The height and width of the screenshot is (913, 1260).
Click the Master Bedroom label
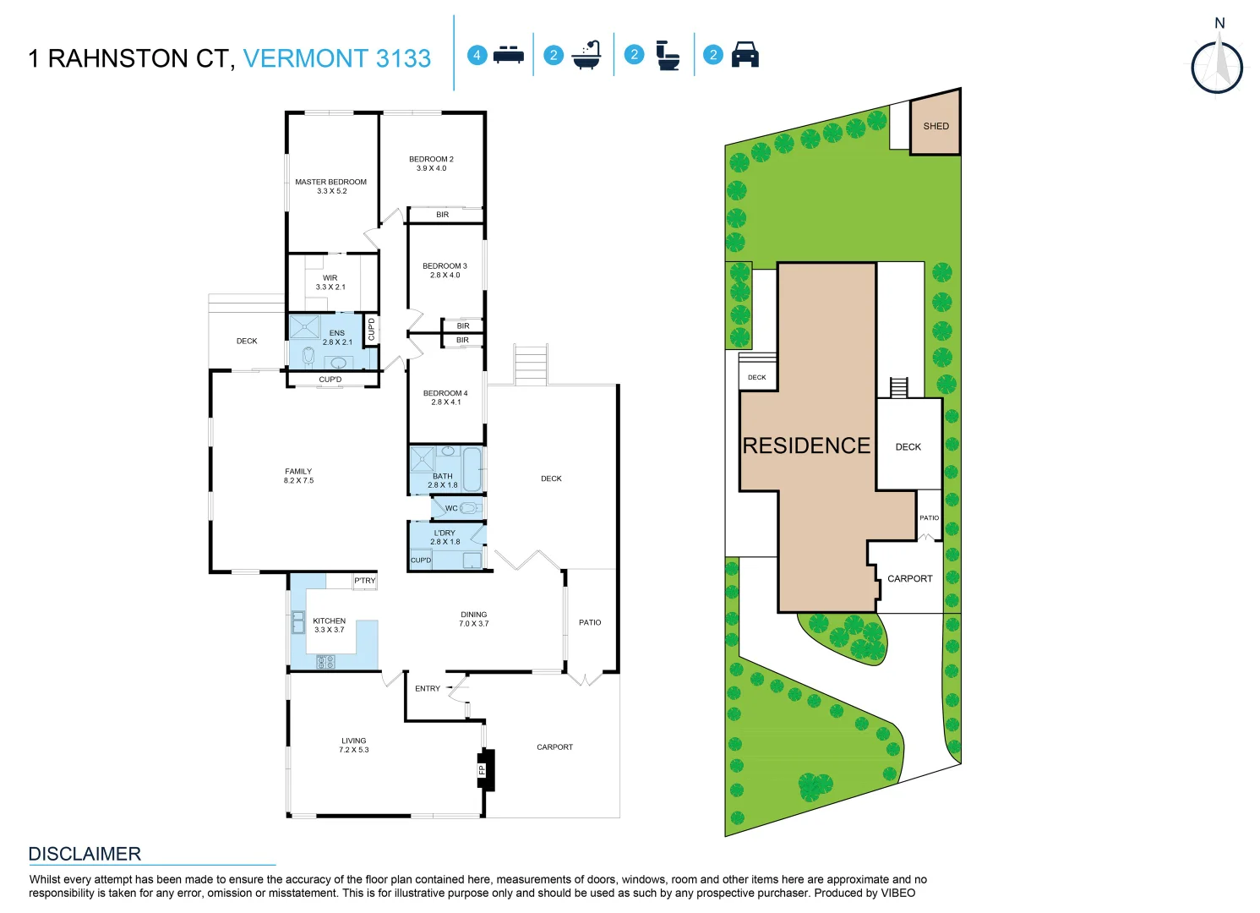[x=330, y=182]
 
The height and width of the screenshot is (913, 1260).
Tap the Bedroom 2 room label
[x=431, y=159]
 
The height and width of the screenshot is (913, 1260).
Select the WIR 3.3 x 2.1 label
[x=330, y=282]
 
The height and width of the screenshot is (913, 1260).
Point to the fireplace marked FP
[x=485, y=770]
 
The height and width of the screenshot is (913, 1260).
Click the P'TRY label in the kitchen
[x=365, y=581]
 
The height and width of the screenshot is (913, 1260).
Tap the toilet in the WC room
[x=470, y=508]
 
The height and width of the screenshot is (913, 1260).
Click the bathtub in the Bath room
[x=472, y=468]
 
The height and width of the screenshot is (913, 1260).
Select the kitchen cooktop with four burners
[x=326, y=662]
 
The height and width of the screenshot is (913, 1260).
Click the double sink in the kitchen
[x=298, y=622]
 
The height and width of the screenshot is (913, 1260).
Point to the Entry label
[x=428, y=689]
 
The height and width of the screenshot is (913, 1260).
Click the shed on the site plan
[x=935, y=126]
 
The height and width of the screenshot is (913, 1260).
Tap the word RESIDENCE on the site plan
[x=806, y=446]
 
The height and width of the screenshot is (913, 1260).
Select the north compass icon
[x=1217, y=66]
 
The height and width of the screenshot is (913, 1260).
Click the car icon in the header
[x=745, y=55]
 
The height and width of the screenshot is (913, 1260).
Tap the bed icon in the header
[x=508, y=55]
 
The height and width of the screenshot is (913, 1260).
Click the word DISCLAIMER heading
[x=85, y=854]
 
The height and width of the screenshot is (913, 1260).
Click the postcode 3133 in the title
[x=403, y=58]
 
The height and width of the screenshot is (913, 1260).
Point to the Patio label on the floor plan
[x=590, y=622]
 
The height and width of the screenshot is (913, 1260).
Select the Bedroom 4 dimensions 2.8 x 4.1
[x=445, y=402]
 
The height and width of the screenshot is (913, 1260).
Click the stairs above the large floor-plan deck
[x=531, y=364]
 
